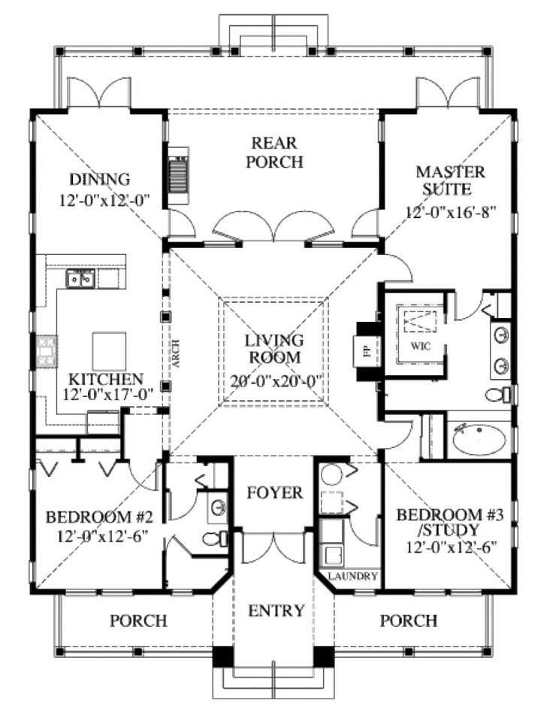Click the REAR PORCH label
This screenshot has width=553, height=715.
pyautogui.click(x=274, y=153)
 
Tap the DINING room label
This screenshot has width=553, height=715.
pyautogui.click(x=100, y=179)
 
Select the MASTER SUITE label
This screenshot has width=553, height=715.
pyautogui.click(x=449, y=180)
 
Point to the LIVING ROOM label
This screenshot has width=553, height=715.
pyautogui.click(x=275, y=349)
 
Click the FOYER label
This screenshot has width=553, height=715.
pyautogui.click(x=275, y=492)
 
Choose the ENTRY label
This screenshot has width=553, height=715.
pyautogui.click(x=276, y=610)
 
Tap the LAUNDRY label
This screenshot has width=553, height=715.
pyautogui.click(x=353, y=576)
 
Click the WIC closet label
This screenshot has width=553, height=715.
pyautogui.click(x=420, y=347)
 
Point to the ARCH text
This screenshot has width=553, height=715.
pyautogui.click(x=177, y=353)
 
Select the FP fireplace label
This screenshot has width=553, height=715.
pyautogui.click(x=368, y=351)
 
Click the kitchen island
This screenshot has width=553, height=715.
pyautogui.click(x=110, y=351)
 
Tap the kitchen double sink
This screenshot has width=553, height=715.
pyautogui.click(x=80, y=279)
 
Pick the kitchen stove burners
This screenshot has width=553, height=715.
pyautogui.click(x=47, y=351)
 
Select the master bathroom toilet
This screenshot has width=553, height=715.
pyautogui.click(x=498, y=395)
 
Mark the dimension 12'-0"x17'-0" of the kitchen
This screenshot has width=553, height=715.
pyautogui.click(x=107, y=395)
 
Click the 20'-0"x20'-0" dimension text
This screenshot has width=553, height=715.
pyautogui.click(x=276, y=380)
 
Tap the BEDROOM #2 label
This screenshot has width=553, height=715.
pyautogui.click(x=99, y=517)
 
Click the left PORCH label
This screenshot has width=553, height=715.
pyautogui.click(x=138, y=620)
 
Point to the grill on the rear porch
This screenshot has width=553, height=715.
pyautogui.click(x=179, y=176)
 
